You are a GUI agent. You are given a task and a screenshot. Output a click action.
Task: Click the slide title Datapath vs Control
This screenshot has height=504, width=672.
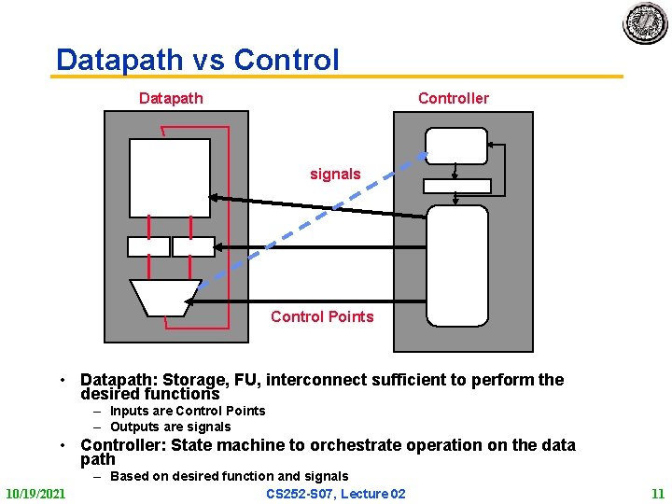coord(197,60)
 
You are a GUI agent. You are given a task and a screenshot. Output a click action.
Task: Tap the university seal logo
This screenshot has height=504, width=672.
coord(645,23)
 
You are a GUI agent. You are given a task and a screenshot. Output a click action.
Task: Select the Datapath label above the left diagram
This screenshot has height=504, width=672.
coord(171,98)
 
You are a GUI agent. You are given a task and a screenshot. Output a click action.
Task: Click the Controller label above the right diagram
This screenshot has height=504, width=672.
coord(453,98)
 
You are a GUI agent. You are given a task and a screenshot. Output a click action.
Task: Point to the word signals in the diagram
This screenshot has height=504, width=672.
coord(335,174)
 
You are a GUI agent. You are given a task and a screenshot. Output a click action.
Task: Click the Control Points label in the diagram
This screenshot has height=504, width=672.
coord(322,316)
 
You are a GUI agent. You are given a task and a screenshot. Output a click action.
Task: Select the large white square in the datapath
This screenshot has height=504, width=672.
coord(170,177)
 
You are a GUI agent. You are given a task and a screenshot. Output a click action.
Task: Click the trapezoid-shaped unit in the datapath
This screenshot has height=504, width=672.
coord(164,297)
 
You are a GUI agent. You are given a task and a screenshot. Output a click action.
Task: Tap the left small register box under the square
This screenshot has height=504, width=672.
coord(148,246)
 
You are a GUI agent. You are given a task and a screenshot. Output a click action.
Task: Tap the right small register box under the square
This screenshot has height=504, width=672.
coord(192,246)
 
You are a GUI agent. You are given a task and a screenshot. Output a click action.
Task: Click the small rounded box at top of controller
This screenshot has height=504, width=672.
coord(456,146)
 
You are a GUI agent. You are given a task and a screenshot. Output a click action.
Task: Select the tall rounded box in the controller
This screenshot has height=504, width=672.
coord(457,266)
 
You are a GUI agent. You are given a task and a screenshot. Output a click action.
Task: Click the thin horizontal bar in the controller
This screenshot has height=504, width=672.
coord(457,185)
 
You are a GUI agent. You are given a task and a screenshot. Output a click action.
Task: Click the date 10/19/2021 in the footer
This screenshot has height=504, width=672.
coord(35,493)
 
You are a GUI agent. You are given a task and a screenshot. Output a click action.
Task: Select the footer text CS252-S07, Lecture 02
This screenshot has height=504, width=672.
coord(336,493)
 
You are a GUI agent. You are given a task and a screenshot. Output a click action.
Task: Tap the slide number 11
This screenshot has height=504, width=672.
coord(658,493)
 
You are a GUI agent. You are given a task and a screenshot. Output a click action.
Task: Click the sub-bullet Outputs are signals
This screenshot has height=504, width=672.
coord(170,427)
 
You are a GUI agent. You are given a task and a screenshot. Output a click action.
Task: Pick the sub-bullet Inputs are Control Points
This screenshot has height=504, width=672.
coord(187,411)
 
